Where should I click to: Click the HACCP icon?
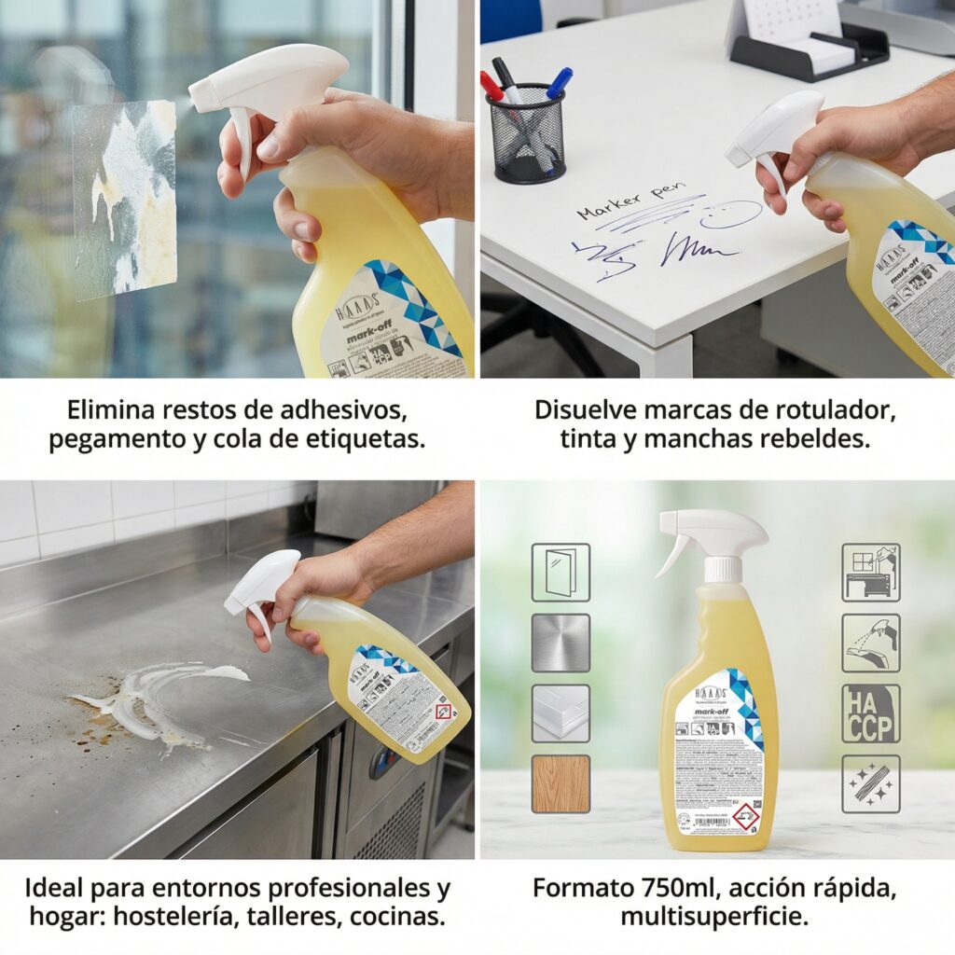pos(870,713)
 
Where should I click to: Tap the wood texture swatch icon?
pos(561,783)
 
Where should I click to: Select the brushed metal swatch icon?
pos(561,643)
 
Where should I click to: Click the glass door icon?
pos(561,572)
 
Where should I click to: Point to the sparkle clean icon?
pos(870,783)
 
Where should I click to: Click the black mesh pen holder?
pos(528,133)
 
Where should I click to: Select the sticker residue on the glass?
pos(125,198)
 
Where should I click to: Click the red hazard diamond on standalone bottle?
pos(744,816)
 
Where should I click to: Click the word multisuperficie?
pos(714,916)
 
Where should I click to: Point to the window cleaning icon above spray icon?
pos(870,572)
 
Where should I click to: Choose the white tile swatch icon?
pos(561,713)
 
